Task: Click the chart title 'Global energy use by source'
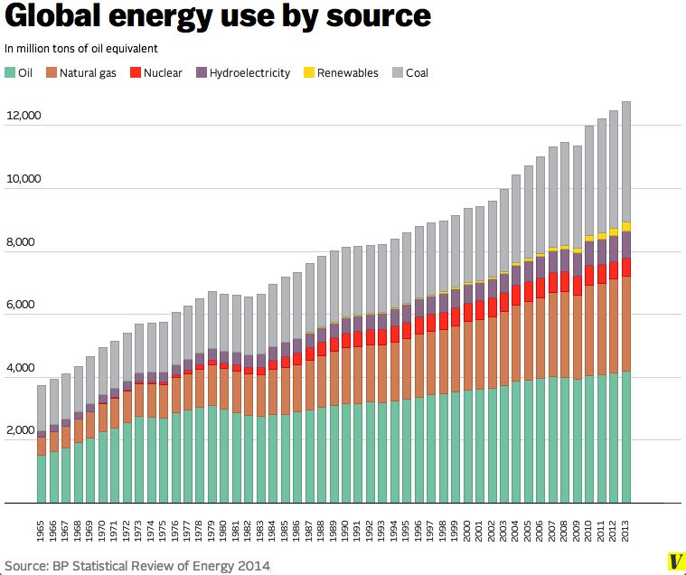217,17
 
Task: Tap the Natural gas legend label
91,72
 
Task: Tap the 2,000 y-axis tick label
26,431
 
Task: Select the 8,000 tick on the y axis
26,242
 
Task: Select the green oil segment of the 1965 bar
42,479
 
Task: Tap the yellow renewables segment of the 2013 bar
625,227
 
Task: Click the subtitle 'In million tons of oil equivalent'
81,48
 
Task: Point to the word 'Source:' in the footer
26,566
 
